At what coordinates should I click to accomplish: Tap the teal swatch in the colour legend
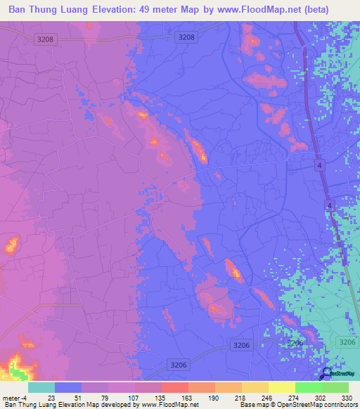[x=41, y=387]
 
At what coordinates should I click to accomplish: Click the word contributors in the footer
[x=340, y=405]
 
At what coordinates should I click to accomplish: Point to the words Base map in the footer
[x=252, y=405]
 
